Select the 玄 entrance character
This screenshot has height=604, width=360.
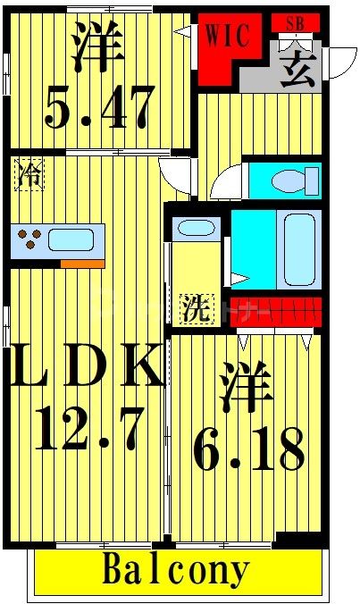pos(297,67)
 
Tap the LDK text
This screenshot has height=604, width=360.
pos(87,366)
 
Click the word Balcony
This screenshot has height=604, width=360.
pos(176,569)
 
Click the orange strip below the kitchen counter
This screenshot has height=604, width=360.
pos(81,264)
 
